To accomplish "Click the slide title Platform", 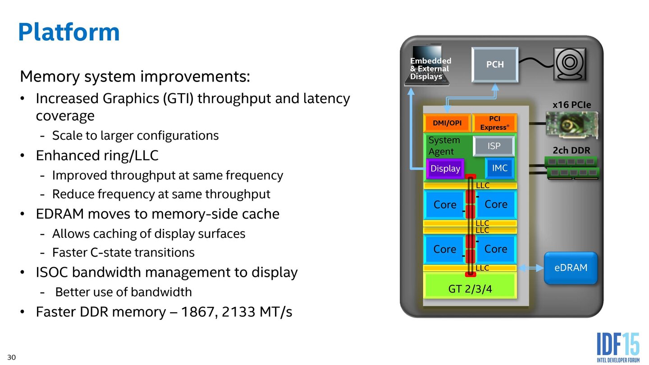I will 69,32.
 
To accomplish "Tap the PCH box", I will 495,64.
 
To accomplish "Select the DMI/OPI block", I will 447,123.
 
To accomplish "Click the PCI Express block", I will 494,123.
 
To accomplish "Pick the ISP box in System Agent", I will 494,146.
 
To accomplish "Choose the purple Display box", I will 445,169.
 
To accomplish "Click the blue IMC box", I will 499,168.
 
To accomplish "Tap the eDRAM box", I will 571,268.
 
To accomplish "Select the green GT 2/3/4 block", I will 470,289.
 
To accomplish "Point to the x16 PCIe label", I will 571,105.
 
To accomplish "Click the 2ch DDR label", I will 571,150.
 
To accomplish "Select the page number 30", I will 12,358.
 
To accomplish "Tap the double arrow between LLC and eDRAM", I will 530,268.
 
